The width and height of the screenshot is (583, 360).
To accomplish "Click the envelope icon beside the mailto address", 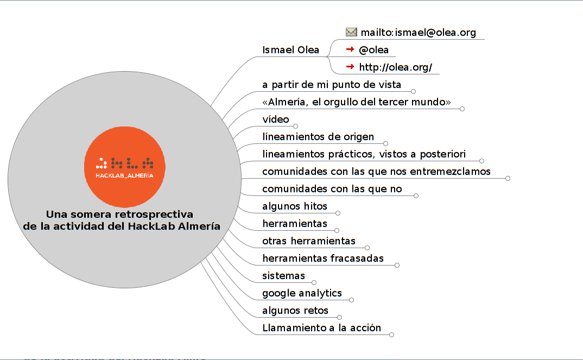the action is point(351,32).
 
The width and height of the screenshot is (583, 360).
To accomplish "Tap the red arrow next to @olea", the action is point(350,49).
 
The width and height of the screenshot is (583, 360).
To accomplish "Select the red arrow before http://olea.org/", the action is point(350,67).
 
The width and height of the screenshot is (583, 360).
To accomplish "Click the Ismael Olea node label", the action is point(291,50).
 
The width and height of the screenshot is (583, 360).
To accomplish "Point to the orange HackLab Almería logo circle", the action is point(124,167).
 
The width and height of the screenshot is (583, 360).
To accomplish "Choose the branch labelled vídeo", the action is point(276,119).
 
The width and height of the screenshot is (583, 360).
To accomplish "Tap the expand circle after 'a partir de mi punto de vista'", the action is point(413,91).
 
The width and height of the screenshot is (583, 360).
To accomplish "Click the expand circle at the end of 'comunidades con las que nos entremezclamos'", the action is point(508,179).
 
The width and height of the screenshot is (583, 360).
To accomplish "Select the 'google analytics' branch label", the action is point(302,293).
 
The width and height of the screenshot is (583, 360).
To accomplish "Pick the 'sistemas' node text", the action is point(284,276).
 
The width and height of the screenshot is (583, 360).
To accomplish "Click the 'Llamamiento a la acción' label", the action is point(321,327).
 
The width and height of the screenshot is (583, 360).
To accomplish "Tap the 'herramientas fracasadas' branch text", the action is point(323,258).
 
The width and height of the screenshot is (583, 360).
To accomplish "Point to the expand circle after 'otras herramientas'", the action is point(367,248).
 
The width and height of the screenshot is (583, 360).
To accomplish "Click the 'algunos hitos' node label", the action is point(295,206).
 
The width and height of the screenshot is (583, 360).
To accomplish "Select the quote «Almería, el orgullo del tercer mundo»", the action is point(357,102).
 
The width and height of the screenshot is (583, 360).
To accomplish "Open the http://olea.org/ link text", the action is point(396,67).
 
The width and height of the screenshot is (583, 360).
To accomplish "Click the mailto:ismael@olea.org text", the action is point(419,33).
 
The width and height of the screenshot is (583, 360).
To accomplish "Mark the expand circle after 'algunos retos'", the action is point(339,317).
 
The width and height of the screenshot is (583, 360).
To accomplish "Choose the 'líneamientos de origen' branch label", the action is point(318,137).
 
